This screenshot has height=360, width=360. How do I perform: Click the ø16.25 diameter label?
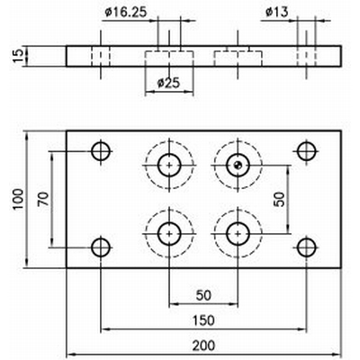click(x=126, y=13)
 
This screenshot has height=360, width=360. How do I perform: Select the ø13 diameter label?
click(x=276, y=13)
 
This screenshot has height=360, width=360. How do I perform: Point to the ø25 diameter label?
click(x=168, y=83)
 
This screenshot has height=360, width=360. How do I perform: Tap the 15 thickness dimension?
click(x=18, y=56)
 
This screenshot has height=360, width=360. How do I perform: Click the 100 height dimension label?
click(x=18, y=200)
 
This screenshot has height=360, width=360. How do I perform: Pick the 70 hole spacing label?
click(x=43, y=199)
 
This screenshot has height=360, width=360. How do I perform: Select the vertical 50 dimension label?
click(x=279, y=199)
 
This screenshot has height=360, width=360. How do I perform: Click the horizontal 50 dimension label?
click(x=203, y=295)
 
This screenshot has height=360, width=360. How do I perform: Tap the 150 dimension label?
click(x=203, y=320)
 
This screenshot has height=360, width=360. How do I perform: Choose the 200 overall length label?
click(x=203, y=346)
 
